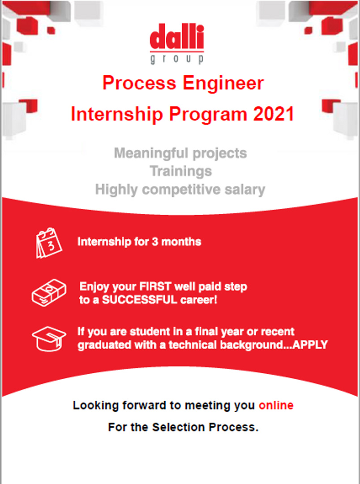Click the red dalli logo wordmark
pos(177,37)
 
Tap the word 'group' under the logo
pos(177,59)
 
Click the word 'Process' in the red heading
pos(139,83)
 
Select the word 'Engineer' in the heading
pos(223,84)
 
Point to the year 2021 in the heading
pos(274,114)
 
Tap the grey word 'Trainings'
pos(181,172)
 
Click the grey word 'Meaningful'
pos(151,153)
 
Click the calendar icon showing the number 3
pos(49,243)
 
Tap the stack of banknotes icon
pos(49,292)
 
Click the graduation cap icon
pos(49,339)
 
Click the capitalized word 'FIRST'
pos(151,286)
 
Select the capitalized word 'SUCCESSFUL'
pos(139,300)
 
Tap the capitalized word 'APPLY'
pos(310,345)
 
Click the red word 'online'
pos(276,405)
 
